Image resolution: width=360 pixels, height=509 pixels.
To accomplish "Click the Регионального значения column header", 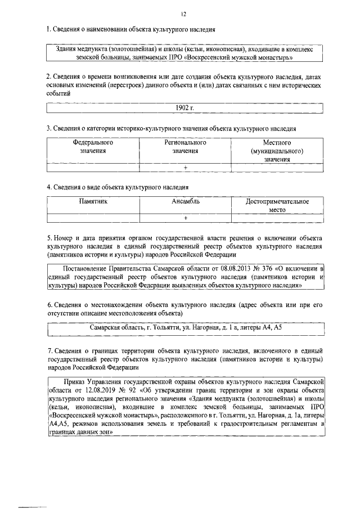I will click(x=185, y=147).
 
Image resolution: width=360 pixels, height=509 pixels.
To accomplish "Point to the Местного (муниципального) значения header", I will click(x=277, y=151).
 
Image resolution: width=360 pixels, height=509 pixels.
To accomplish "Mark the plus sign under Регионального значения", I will click(x=185, y=168).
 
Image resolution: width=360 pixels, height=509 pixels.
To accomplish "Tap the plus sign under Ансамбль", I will click(x=185, y=218).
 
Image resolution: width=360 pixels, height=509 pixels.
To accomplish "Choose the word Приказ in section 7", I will click(x=74, y=381).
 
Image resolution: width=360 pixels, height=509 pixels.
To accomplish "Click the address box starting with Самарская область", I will click(x=185, y=327).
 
